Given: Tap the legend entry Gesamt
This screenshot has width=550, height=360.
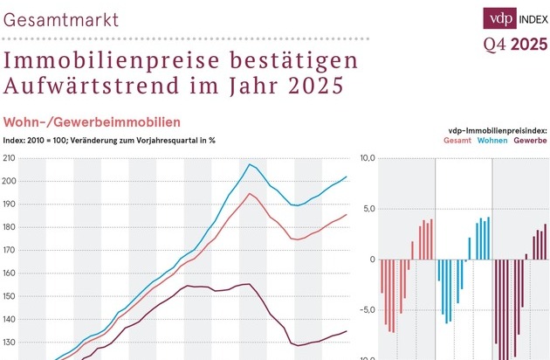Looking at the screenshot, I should tap(457, 141).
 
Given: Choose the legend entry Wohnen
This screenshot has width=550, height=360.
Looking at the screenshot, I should tap(492, 141).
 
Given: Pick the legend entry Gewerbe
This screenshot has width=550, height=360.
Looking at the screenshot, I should tap(530, 141).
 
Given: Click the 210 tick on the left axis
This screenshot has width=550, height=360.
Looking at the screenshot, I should tap(10, 158).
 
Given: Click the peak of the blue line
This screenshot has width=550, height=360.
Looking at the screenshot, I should tap(250, 163).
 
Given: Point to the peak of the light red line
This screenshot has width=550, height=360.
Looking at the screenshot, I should tap(250, 193).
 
